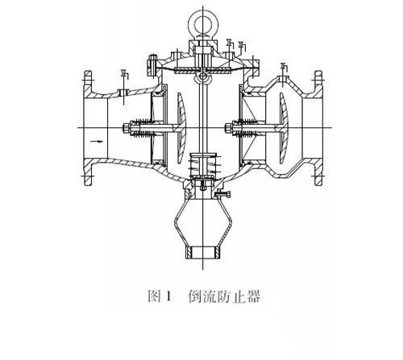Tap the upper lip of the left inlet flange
[89, 73]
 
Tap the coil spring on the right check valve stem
[246, 126]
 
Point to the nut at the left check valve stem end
[127, 126]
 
